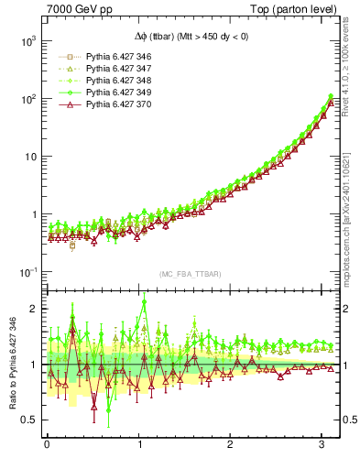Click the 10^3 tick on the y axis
click(x=27, y=41)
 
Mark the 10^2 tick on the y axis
click(x=27, y=99)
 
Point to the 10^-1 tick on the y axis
click(x=27, y=272)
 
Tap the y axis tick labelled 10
click(x=29, y=157)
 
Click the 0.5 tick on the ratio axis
click(x=29, y=420)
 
